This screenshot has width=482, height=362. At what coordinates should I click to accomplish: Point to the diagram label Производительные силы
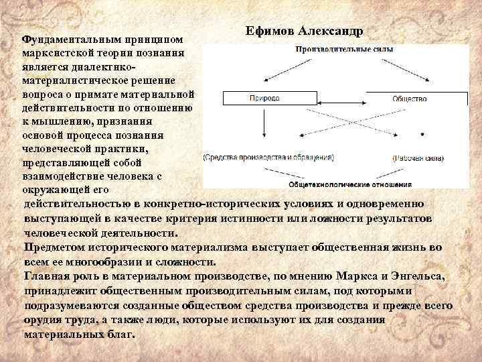(x=345, y=49)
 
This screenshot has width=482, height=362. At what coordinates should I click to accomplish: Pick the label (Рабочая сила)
(x=415, y=158)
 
